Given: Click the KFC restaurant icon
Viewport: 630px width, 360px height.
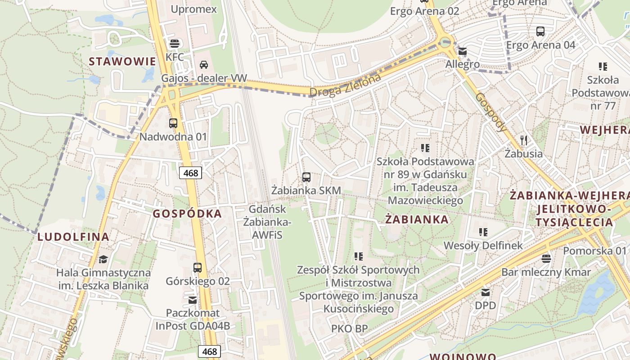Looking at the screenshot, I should (x=175, y=44).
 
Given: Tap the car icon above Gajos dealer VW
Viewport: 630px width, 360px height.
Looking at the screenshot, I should (x=204, y=64).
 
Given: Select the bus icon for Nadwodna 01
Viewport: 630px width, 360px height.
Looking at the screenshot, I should (x=173, y=123).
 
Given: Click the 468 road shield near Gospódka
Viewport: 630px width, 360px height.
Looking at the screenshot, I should (x=191, y=173).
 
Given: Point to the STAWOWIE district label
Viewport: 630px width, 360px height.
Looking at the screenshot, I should (x=122, y=62).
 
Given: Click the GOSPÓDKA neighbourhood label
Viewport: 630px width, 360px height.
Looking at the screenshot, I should (x=187, y=214).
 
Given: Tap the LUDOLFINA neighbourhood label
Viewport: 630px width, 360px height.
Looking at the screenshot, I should (x=73, y=237).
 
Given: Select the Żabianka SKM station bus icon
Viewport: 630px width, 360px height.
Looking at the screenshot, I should (x=306, y=177).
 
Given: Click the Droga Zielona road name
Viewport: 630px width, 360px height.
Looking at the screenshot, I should (x=345, y=85).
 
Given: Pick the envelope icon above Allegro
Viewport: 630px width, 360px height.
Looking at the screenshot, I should (x=463, y=51).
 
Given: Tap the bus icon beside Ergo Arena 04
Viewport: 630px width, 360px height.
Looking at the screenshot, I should (x=540, y=31).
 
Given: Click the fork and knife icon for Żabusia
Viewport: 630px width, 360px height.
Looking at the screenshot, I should (x=523, y=140).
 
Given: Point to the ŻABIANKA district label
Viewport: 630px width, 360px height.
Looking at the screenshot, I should (x=417, y=220).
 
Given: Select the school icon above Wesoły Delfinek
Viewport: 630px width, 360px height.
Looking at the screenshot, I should (x=483, y=232).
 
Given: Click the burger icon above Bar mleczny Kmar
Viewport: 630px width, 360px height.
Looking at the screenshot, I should (x=546, y=258).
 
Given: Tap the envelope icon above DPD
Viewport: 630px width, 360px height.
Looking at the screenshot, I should (x=486, y=292).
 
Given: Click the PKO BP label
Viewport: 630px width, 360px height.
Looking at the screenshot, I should (x=349, y=328).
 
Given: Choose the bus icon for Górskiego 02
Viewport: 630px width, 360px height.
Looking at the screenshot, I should (x=198, y=268).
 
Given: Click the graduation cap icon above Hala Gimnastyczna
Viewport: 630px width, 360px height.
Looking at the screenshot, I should (x=103, y=259).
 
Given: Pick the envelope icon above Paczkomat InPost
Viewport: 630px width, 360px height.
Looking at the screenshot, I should (x=193, y=299).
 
